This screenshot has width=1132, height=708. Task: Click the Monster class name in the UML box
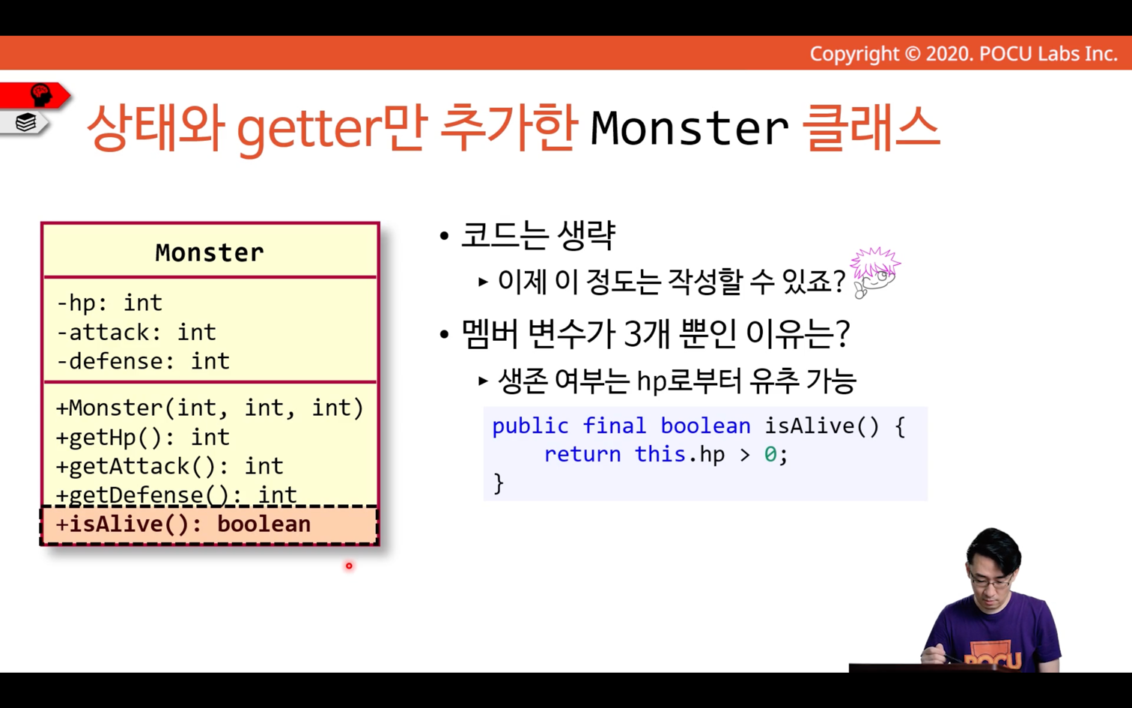209,252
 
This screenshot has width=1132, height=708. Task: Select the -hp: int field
109,303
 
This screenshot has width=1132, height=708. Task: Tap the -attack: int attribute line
136,332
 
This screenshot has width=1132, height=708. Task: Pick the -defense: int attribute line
143,361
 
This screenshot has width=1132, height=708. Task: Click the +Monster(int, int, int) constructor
209,408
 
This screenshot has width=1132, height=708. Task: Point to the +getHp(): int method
142,437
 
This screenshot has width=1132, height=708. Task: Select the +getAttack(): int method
169,466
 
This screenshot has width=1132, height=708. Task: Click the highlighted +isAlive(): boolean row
209,524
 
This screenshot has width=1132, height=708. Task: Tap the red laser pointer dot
349,566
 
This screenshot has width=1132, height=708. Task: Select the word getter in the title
308,130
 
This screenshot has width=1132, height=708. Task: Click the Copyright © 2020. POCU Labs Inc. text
964,54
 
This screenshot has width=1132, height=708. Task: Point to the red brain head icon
40,95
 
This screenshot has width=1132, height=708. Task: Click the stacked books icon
25,122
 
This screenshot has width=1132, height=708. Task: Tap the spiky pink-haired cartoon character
874,272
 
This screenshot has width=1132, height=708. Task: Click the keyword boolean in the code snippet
705,426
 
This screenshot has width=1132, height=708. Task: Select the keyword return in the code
582,454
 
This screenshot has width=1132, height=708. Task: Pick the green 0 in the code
770,454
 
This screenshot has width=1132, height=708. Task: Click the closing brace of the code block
499,483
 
